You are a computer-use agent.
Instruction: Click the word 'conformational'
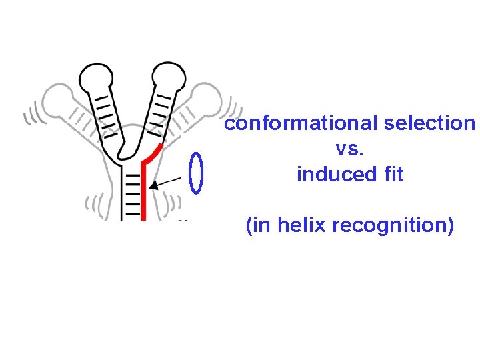[301, 124]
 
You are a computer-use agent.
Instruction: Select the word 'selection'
[429, 124]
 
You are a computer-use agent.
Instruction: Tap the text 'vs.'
[350, 149]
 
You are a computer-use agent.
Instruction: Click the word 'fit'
[391, 175]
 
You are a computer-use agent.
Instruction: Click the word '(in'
[259, 227]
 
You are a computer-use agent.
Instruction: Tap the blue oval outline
[195, 173]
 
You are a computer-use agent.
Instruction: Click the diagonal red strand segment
[153, 153]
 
